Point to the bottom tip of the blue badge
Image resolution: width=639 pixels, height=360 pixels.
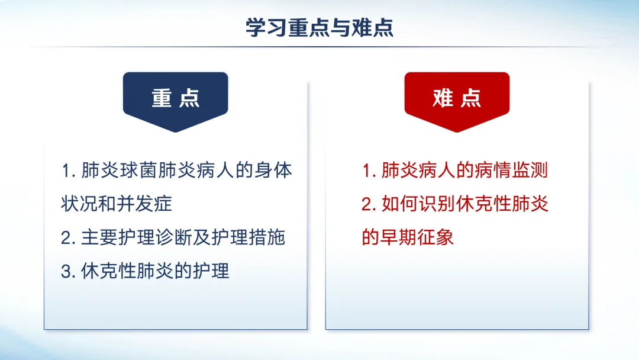tap(176, 132)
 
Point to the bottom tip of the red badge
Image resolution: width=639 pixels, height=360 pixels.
tap(457, 132)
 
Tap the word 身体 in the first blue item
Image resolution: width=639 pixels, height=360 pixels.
tap(273, 171)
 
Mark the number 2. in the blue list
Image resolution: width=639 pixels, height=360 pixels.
tap(68, 238)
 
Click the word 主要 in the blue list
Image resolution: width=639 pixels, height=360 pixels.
tap(100, 237)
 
